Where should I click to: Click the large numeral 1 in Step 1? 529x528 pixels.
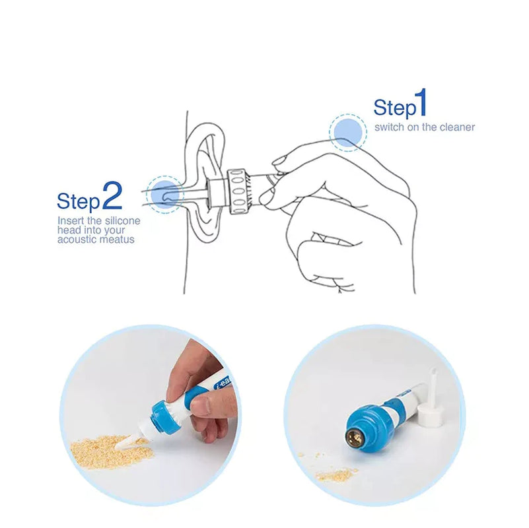(x=421, y=105)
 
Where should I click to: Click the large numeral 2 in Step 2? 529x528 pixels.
(x=112, y=196)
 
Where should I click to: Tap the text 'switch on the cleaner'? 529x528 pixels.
(x=424, y=127)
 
